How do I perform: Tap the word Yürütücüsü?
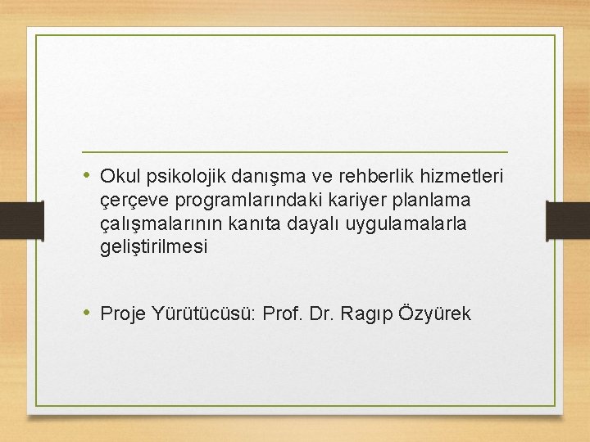point(205,313)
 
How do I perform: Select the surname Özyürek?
point(435,313)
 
